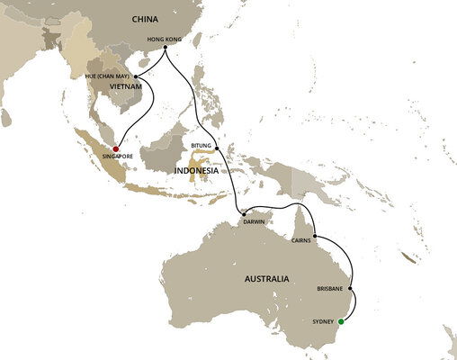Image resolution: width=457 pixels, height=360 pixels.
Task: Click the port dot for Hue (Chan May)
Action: coord(136,76)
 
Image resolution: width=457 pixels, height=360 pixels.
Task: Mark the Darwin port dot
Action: coord(243,213)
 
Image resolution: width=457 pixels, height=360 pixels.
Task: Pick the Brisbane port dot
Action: coord(352,289)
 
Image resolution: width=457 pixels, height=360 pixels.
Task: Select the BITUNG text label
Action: coord(202,144)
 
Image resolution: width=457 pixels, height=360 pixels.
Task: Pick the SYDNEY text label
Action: coord(322,319)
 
